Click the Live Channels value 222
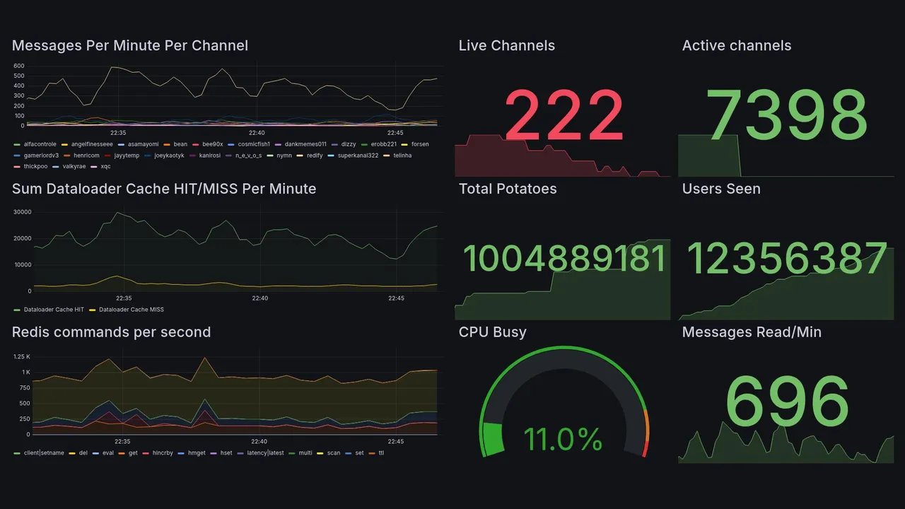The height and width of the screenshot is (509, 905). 564,116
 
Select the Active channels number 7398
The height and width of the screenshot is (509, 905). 787,116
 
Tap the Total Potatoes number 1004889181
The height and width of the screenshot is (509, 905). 564,259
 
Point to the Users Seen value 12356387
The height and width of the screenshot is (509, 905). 787,259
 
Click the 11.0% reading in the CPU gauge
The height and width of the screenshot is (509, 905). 563,439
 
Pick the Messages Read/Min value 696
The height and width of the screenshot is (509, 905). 787,402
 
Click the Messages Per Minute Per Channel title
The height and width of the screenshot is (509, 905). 130,46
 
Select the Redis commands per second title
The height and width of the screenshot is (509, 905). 111,332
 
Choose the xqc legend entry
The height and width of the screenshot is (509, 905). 105,167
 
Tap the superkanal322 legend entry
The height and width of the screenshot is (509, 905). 361,156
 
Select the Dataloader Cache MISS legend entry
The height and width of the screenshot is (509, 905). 131,310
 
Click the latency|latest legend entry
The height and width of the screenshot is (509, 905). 265,453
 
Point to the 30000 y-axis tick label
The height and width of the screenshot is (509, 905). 23,212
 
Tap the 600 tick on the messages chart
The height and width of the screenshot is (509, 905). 19,66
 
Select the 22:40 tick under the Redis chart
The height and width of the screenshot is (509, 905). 259,442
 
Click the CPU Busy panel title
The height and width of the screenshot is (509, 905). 492,332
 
